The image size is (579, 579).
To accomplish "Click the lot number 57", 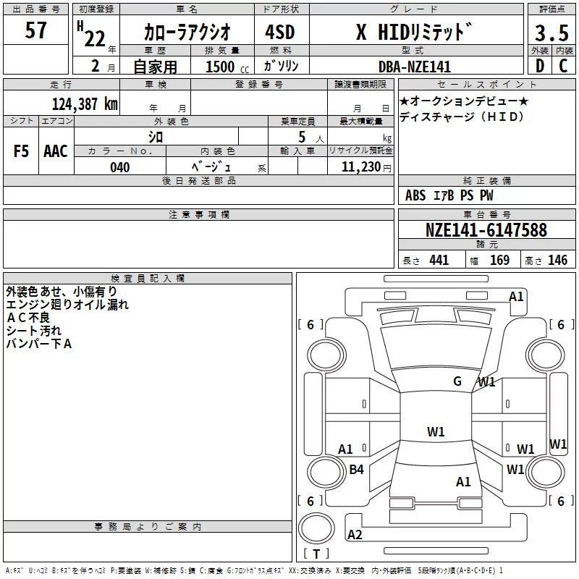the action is (x=35, y=30).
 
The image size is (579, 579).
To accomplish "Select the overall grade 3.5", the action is (x=551, y=33).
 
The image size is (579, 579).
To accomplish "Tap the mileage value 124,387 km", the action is (x=85, y=103).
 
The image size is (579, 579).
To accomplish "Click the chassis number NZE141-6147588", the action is (x=486, y=229).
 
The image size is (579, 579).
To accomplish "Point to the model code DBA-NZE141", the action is (x=415, y=67).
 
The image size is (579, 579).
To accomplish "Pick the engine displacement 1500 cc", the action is (x=227, y=67).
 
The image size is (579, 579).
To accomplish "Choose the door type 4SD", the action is (x=280, y=32).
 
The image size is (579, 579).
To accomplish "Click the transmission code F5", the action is (x=21, y=151).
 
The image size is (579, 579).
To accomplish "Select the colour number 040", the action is (x=120, y=167).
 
